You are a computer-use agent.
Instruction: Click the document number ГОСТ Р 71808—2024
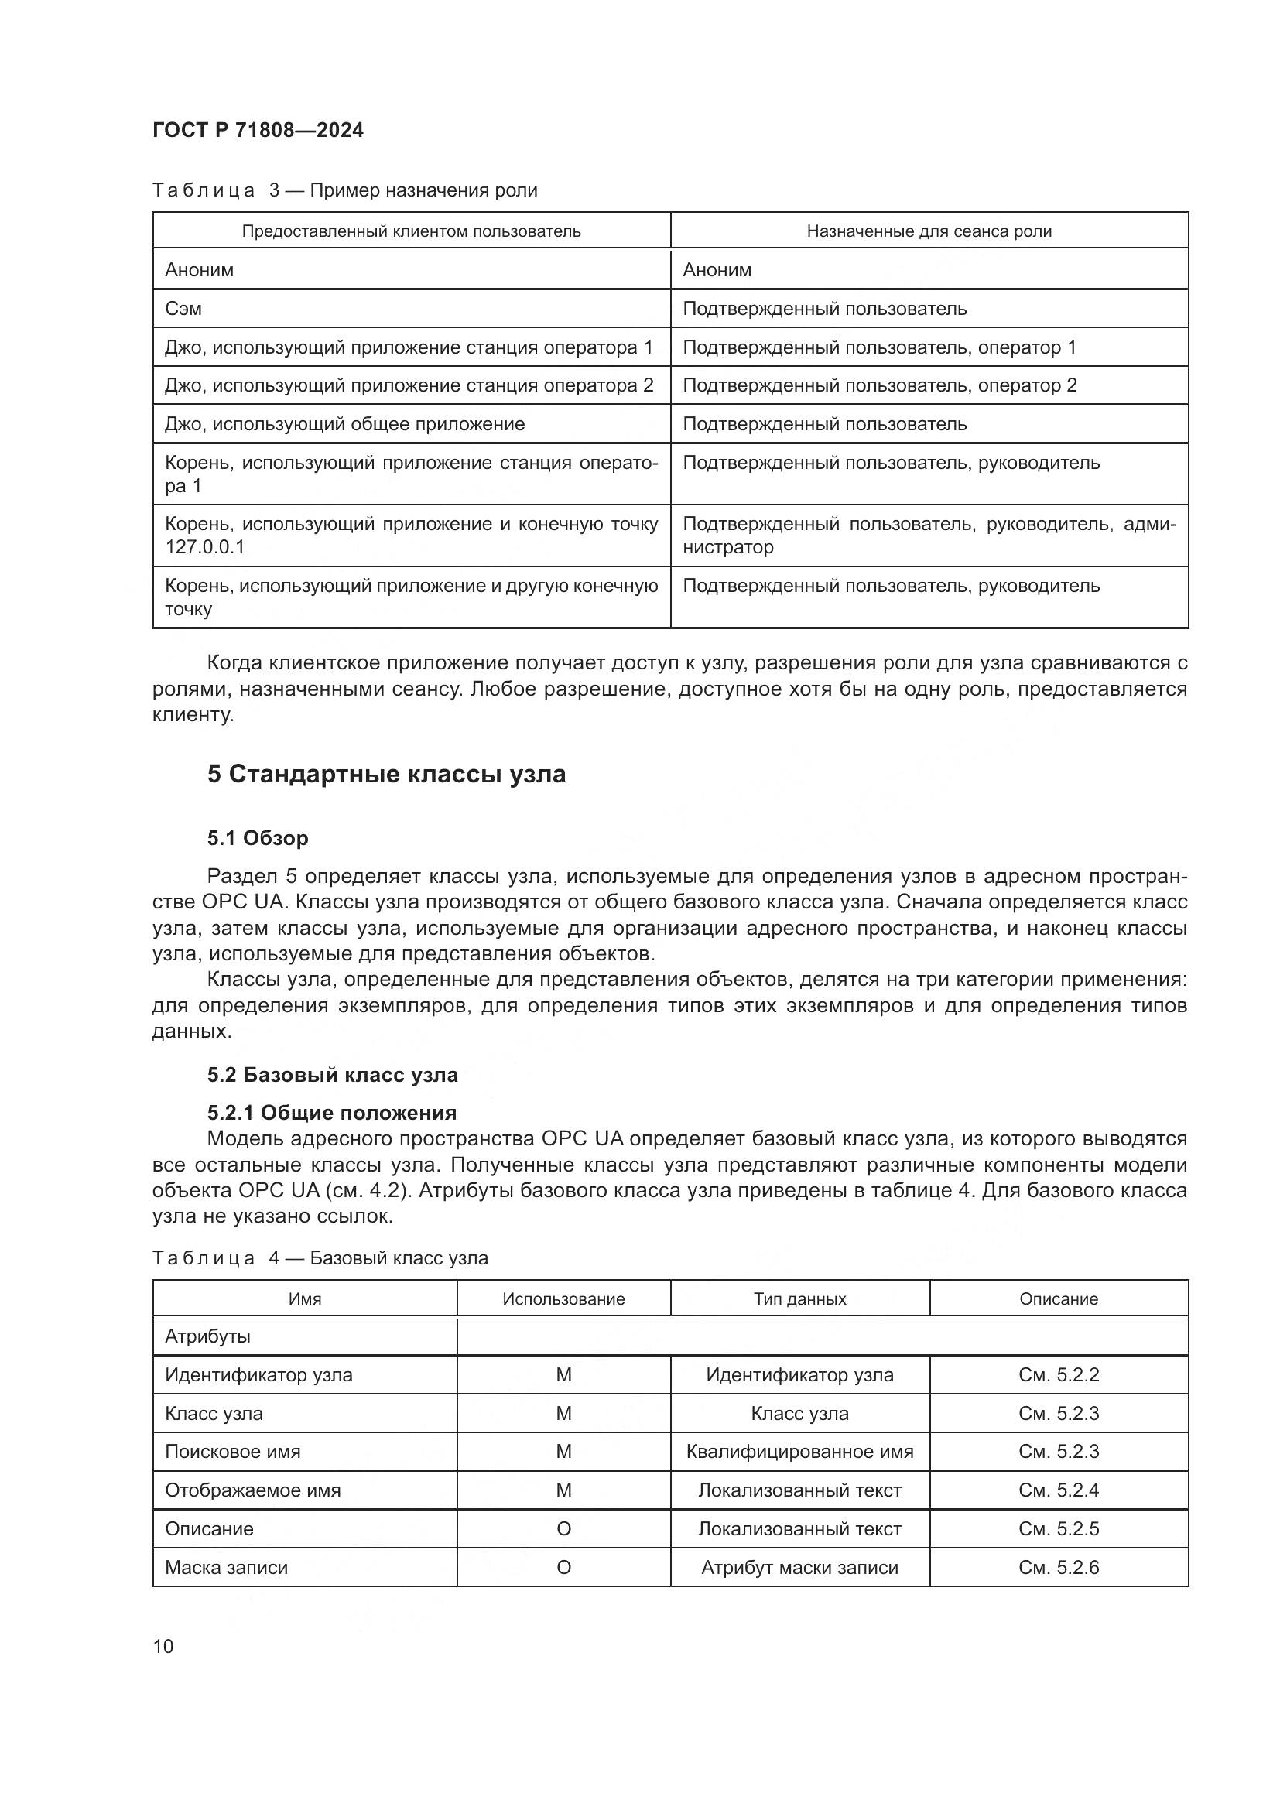pyautogui.click(x=258, y=131)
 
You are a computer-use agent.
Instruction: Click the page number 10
pyautogui.click(x=163, y=1646)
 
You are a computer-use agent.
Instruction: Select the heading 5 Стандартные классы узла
pyautogui.click(x=386, y=774)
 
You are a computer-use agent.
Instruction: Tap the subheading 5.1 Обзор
pyautogui.click(x=258, y=838)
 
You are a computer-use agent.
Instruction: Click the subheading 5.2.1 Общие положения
pyautogui.click(x=332, y=1112)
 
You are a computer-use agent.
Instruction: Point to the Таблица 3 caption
pyautogui.click(x=344, y=191)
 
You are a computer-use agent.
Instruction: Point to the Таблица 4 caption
pyautogui.click(x=320, y=1257)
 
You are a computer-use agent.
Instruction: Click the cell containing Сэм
pyautogui.click(x=183, y=308)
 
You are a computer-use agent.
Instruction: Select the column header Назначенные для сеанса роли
pyautogui.click(x=929, y=231)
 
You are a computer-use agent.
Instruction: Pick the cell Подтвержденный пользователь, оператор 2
pyautogui.click(x=879, y=385)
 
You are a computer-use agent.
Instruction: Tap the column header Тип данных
pyautogui.click(x=799, y=1298)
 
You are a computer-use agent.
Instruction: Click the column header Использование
pyautogui.click(x=563, y=1298)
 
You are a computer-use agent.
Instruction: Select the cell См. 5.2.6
pyautogui.click(x=1058, y=1567)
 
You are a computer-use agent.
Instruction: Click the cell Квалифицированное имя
pyautogui.click(x=799, y=1451)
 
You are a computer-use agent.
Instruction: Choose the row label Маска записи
pyautogui.click(x=226, y=1567)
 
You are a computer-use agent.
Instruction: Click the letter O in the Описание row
pyautogui.click(x=563, y=1528)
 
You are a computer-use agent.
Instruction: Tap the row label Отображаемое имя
pyautogui.click(x=252, y=1490)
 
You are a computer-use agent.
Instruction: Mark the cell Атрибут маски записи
pyautogui.click(x=799, y=1567)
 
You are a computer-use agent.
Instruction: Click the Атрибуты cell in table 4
pyautogui.click(x=207, y=1336)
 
